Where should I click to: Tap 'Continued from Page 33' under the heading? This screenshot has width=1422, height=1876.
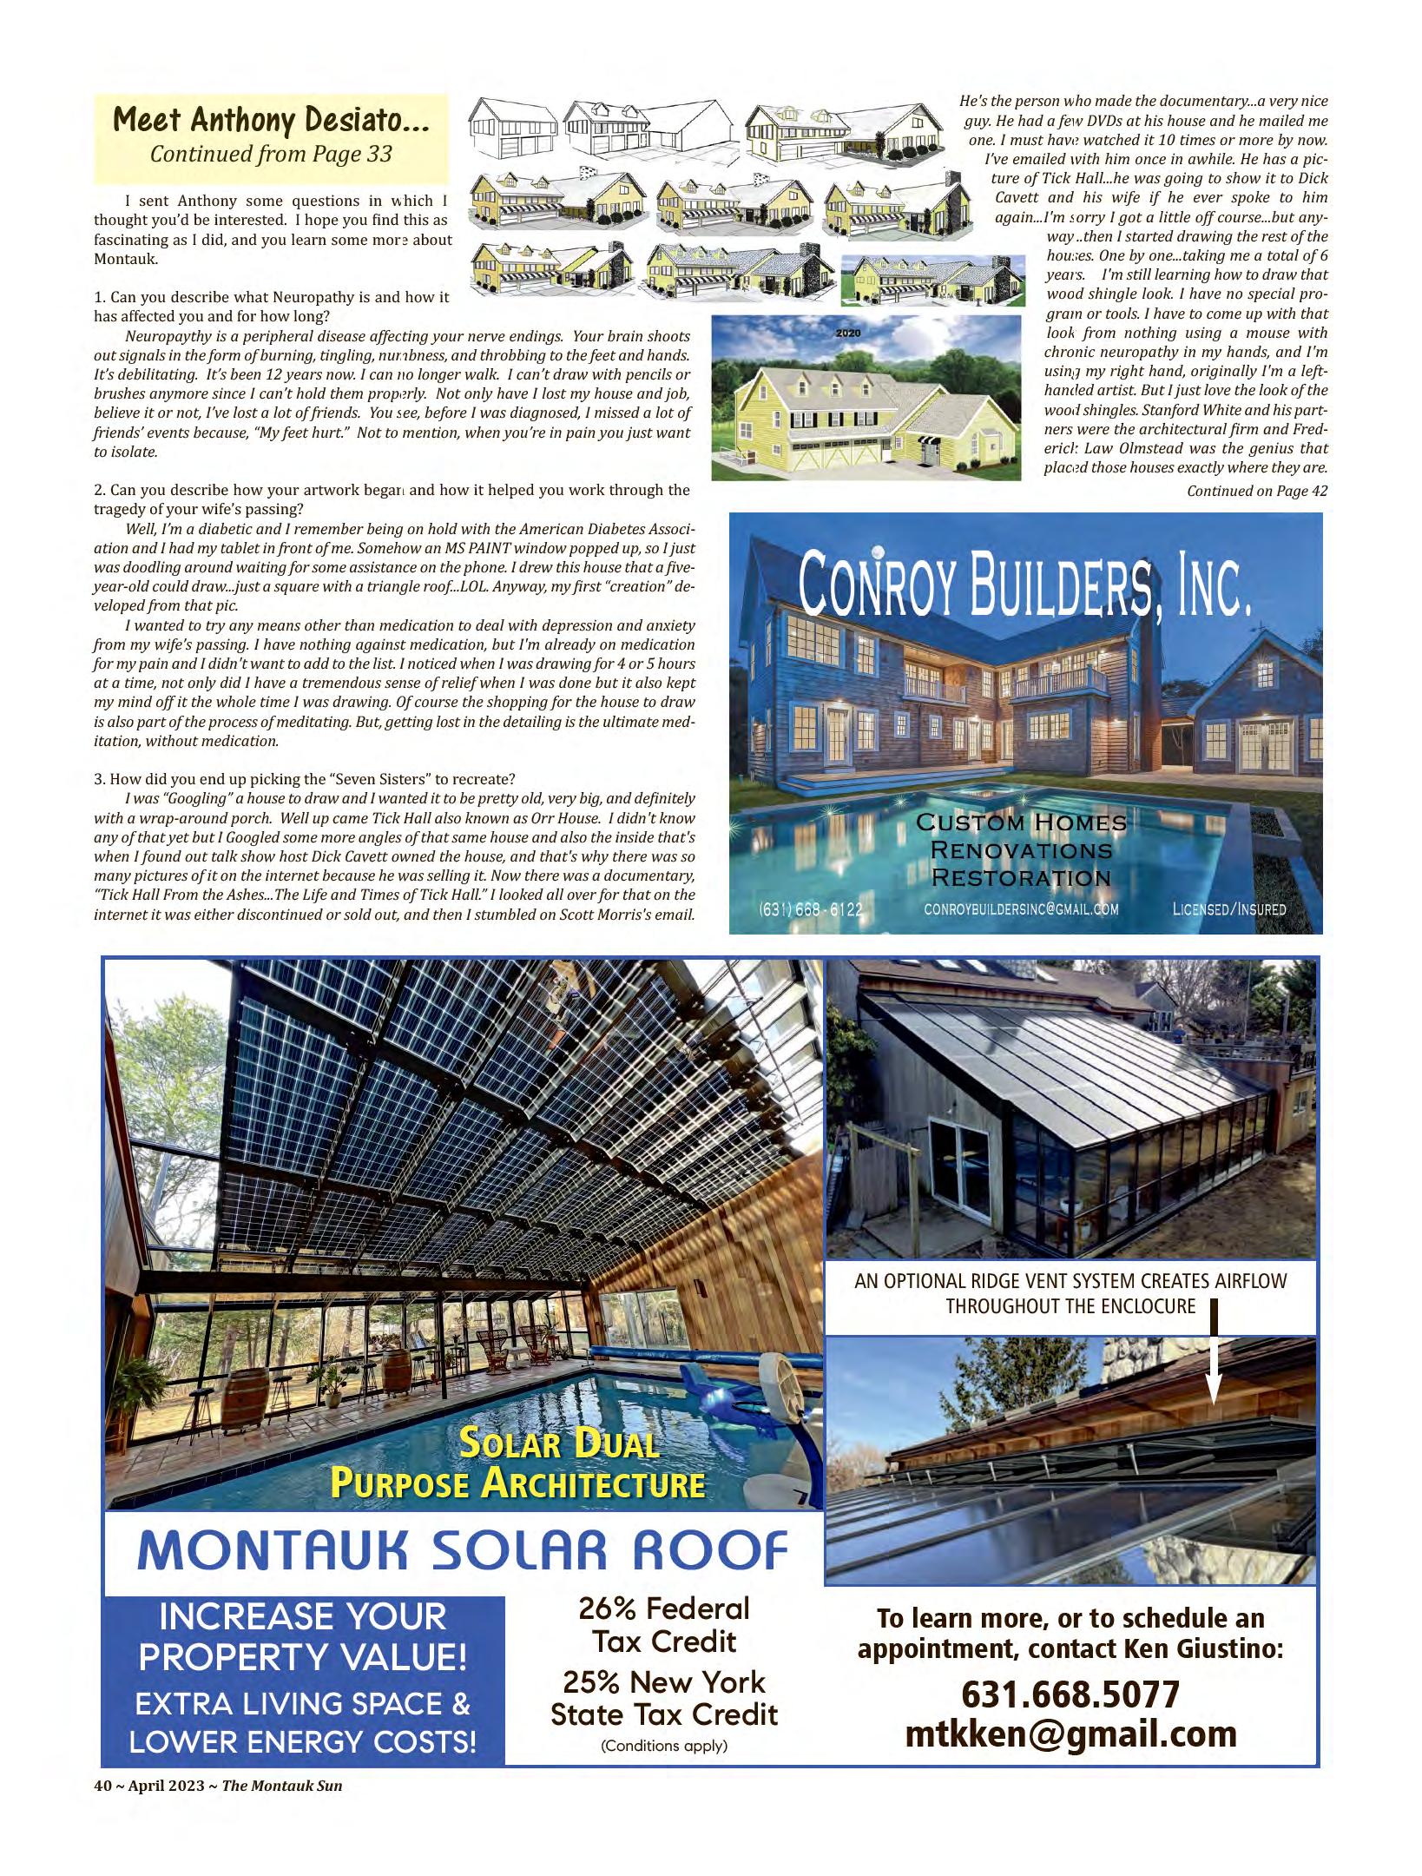coord(271,155)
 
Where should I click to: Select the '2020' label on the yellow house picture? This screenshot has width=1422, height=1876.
coord(846,334)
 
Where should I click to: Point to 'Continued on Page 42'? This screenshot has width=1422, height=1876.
coord(1256,491)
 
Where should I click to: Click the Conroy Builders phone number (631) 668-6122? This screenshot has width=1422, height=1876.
coord(811,909)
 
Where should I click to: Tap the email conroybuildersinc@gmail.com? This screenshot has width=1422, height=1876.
coord(1021,909)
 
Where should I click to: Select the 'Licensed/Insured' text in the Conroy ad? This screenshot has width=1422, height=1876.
coord(1228,909)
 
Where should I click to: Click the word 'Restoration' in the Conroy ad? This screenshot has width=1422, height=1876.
coord(1021,877)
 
